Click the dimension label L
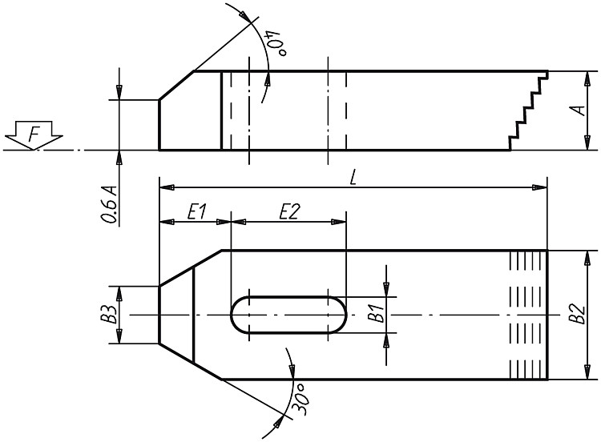tap(353, 178)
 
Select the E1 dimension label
tap(197, 211)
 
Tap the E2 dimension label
tap(289, 211)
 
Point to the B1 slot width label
tap(376, 313)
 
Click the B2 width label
tap(577, 314)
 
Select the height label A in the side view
tap(579, 110)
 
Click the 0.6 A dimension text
tap(109, 204)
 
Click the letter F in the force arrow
tap(34, 135)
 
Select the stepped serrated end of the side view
tap(529, 110)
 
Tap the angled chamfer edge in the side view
tap(177, 86)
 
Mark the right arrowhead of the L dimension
tap(541, 187)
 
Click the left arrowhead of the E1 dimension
tap(166, 222)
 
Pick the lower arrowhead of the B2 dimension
tap(587, 372)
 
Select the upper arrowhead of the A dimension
tap(587, 78)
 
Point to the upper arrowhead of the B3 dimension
tap(119, 293)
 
